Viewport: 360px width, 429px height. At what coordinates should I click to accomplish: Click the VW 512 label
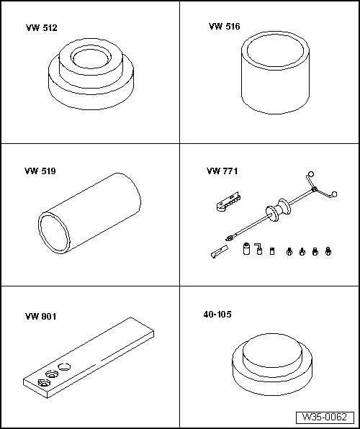(x=42, y=28)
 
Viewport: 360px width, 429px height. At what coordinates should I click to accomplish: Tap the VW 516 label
(x=224, y=26)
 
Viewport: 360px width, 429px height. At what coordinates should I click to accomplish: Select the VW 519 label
(x=40, y=171)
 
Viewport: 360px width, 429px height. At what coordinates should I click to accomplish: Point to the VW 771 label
(x=222, y=171)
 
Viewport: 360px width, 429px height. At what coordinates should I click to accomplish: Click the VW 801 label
(x=41, y=317)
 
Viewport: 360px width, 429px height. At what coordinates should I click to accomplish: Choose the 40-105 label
(x=217, y=315)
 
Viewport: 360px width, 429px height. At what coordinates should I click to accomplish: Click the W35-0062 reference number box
(x=325, y=417)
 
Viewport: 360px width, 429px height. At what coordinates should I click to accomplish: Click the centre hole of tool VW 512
(x=91, y=58)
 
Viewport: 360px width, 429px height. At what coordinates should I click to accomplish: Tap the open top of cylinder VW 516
(x=276, y=50)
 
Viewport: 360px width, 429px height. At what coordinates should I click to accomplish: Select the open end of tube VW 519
(x=54, y=232)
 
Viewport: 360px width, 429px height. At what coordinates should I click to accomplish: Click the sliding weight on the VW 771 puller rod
(x=278, y=210)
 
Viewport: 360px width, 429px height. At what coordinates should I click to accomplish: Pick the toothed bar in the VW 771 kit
(x=228, y=202)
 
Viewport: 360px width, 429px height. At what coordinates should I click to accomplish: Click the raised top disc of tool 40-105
(x=273, y=351)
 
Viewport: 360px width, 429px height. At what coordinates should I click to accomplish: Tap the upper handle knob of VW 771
(x=311, y=174)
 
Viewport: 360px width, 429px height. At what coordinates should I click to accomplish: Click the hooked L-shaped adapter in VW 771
(x=258, y=249)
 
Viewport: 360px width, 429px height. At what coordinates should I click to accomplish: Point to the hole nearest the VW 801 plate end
(x=43, y=382)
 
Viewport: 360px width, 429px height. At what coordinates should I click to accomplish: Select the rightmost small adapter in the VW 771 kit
(x=328, y=251)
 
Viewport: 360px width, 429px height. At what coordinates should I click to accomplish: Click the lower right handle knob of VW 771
(x=334, y=194)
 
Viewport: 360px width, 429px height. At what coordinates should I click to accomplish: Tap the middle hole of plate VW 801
(x=52, y=374)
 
